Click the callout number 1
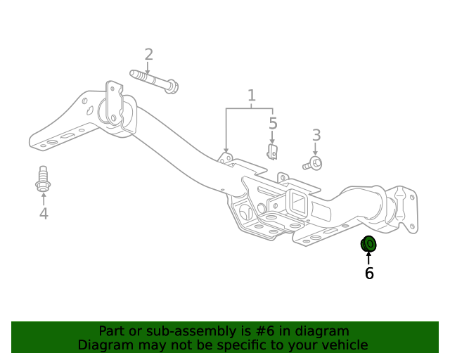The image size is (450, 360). pyautogui.click(x=251, y=96)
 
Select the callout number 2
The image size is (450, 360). pyautogui.click(x=148, y=54)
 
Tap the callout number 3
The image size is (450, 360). pyautogui.click(x=316, y=135)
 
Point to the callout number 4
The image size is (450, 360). pyautogui.click(x=44, y=213)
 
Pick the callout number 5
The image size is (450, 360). pyautogui.click(x=273, y=124)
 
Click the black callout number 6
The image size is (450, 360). pyautogui.click(x=369, y=274)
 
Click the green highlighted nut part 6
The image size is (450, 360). pyautogui.click(x=368, y=244)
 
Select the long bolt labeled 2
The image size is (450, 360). pyautogui.click(x=154, y=79)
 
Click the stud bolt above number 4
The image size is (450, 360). pyautogui.click(x=42, y=178)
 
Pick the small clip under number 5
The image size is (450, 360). pyautogui.click(x=273, y=151)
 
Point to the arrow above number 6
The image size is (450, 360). pyautogui.click(x=368, y=257)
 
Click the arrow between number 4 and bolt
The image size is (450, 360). pyautogui.click(x=43, y=198)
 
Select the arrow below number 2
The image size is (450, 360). pyautogui.click(x=148, y=67)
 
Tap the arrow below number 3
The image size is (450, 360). pyautogui.click(x=316, y=149)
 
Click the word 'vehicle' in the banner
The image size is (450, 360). pyautogui.click(x=344, y=345)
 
